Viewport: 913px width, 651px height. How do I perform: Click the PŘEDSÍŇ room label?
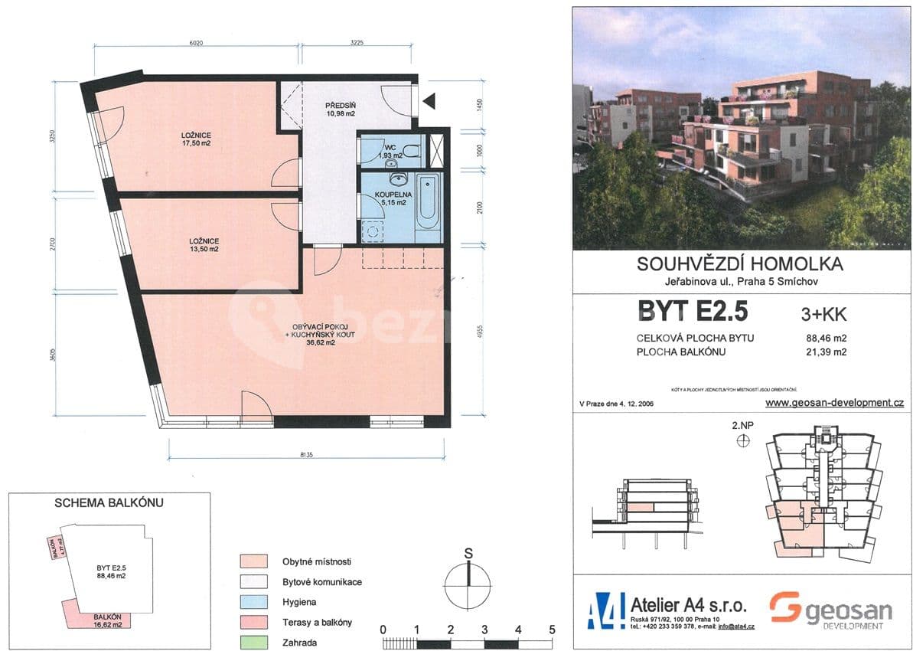(340, 104)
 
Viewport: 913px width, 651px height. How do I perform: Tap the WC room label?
(389, 147)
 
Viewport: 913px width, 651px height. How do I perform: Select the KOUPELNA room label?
(395, 195)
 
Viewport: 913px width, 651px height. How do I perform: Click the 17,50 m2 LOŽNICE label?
(196, 138)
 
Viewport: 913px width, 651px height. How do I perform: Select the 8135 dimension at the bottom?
(305, 454)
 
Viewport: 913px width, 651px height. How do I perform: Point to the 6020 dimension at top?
(197, 44)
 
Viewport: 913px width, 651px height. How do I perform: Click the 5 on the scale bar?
(552, 630)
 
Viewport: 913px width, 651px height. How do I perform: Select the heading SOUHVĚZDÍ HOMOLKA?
(739, 264)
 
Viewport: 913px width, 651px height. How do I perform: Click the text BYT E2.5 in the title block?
(691, 312)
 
